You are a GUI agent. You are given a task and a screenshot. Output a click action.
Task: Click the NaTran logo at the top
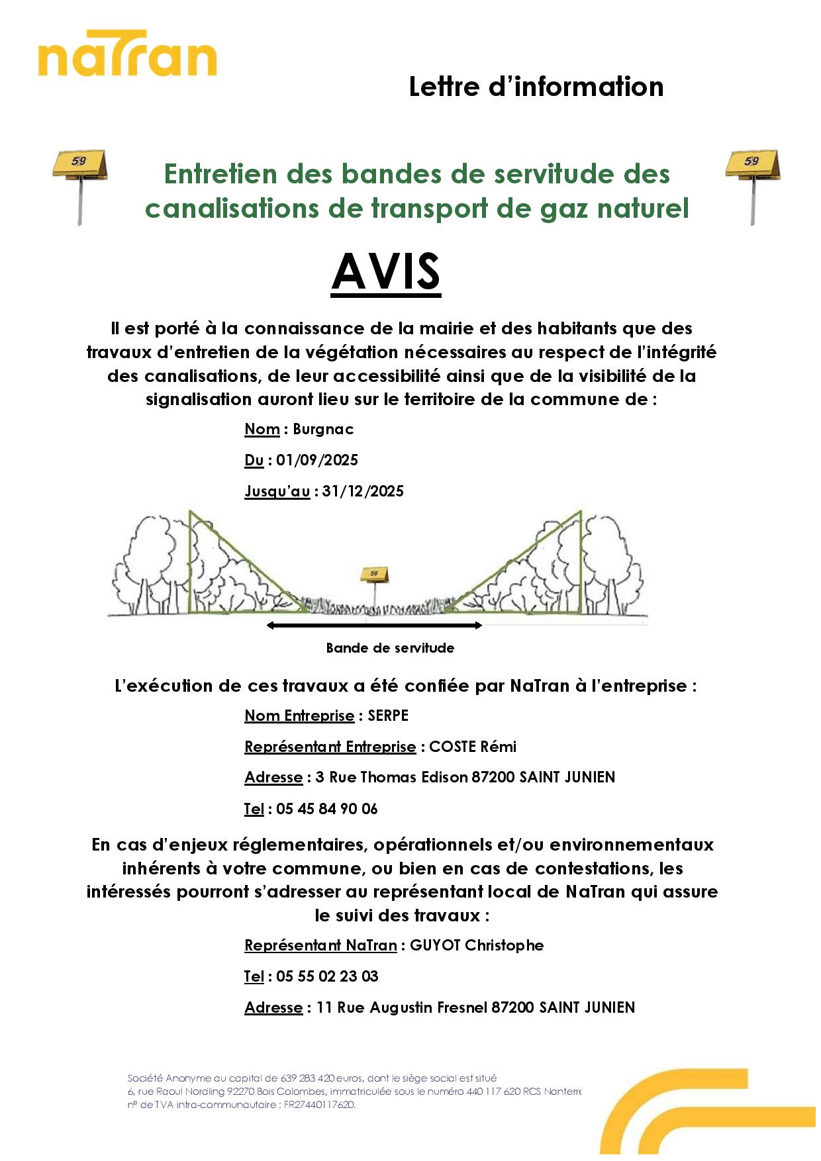tap(127, 54)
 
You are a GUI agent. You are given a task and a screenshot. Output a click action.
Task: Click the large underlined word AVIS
tap(386, 272)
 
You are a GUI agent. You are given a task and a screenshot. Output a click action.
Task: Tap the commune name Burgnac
tap(323, 429)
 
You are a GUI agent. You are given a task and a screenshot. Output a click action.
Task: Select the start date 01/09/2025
tap(317, 460)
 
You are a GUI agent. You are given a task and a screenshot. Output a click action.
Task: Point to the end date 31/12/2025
tap(363, 491)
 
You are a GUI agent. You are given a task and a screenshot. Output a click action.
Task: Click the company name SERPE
tap(388, 716)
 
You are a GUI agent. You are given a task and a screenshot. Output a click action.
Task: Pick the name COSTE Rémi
tap(473, 747)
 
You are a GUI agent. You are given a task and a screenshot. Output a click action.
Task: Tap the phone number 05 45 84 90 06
tap(327, 809)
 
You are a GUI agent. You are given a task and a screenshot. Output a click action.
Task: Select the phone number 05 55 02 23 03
tap(327, 976)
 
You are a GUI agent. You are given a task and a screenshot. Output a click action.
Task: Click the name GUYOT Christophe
tap(477, 945)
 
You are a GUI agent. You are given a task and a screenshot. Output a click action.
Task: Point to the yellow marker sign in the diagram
tap(374, 574)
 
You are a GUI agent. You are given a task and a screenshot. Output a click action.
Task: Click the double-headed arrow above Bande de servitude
tap(374, 625)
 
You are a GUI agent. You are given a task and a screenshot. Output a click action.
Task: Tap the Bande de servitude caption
tap(390, 648)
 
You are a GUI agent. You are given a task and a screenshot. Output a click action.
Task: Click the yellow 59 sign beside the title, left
tap(80, 165)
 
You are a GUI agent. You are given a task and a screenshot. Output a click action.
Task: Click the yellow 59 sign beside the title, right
tap(752, 165)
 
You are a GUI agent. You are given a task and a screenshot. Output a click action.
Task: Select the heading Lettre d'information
tap(536, 87)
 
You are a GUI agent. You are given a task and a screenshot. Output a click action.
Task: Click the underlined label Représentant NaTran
tap(320, 945)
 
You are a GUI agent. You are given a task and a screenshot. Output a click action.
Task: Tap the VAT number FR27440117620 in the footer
tap(319, 1105)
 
